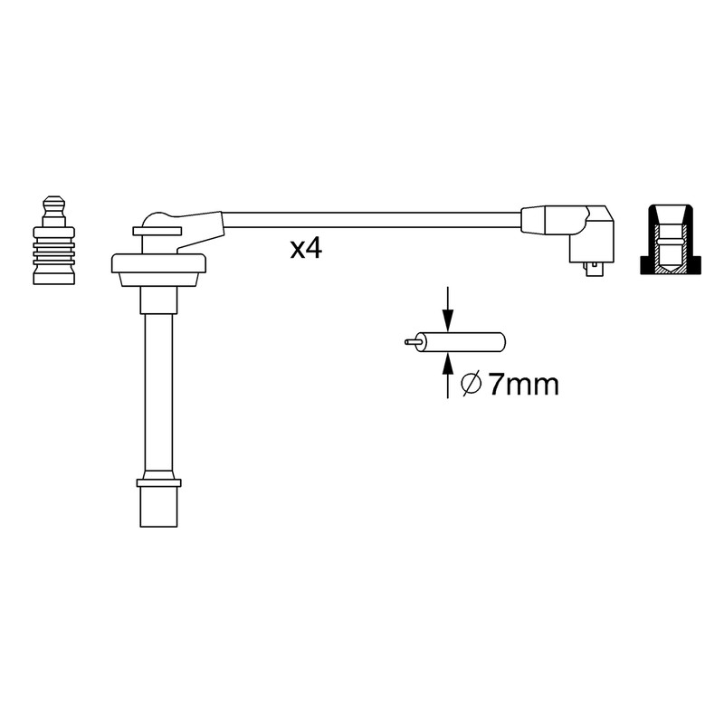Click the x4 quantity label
click(x=306, y=249)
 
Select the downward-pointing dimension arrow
click(x=447, y=309)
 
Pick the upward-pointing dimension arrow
click(x=447, y=376)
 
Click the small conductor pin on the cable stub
click(x=410, y=342)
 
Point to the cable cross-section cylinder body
click(x=461, y=342)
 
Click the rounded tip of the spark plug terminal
click(x=53, y=204)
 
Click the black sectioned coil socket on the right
click(x=671, y=240)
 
